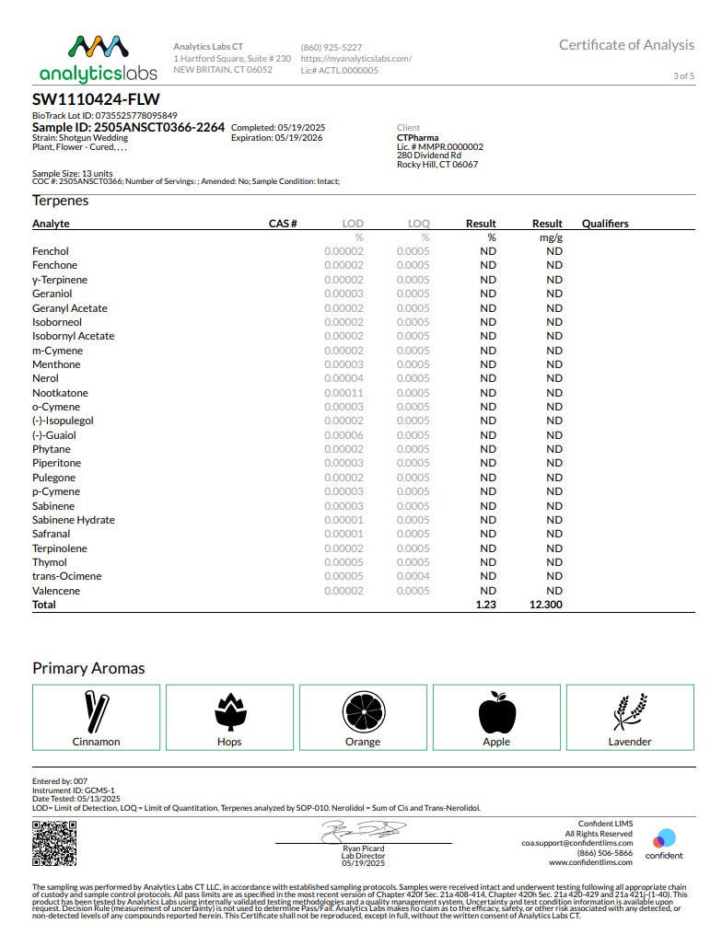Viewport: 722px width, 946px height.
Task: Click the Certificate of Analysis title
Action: point(626,45)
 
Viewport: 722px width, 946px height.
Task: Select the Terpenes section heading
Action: point(61,201)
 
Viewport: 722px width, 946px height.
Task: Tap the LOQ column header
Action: point(419,224)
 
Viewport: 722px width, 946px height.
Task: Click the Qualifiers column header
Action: point(605,224)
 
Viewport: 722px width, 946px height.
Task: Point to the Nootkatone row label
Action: point(61,393)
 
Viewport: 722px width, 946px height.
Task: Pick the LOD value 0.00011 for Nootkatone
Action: point(344,393)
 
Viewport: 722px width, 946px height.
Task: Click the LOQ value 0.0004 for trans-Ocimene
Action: point(413,576)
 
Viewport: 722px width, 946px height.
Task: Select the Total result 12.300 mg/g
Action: point(547,605)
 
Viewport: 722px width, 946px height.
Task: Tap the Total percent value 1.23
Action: point(485,605)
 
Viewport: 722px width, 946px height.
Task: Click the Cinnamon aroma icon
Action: point(97,712)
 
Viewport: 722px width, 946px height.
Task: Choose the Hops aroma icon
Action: point(229,712)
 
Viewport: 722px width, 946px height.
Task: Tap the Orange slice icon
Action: point(362,712)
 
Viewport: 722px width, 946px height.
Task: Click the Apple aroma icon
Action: point(496,712)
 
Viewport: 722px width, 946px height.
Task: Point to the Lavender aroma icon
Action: point(630,712)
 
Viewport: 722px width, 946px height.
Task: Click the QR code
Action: point(54,844)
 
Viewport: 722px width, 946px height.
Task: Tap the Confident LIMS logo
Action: point(664,843)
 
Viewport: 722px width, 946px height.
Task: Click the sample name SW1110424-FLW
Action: point(89,99)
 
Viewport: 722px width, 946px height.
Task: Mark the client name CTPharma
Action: point(417,138)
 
